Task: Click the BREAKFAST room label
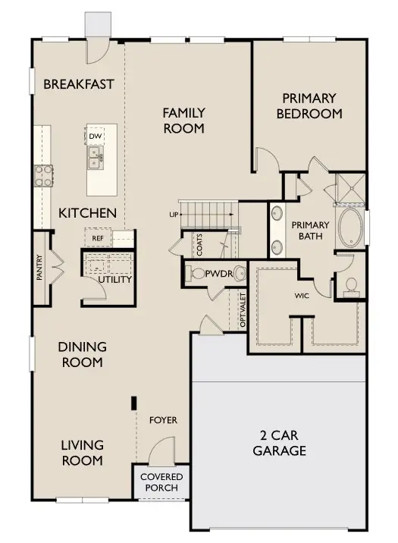[x=79, y=83]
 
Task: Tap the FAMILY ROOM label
[x=183, y=121]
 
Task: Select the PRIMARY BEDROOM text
[x=312, y=105]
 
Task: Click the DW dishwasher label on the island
[x=95, y=137]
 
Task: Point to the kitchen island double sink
[x=95, y=157]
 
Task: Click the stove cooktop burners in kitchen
[x=42, y=175]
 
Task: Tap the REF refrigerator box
[x=97, y=237]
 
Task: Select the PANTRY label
[x=39, y=268]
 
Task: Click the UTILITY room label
[x=114, y=279]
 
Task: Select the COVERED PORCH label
[x=161, y=482]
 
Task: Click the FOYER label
[x=163, y=419]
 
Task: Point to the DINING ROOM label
[x=83, y=354]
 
